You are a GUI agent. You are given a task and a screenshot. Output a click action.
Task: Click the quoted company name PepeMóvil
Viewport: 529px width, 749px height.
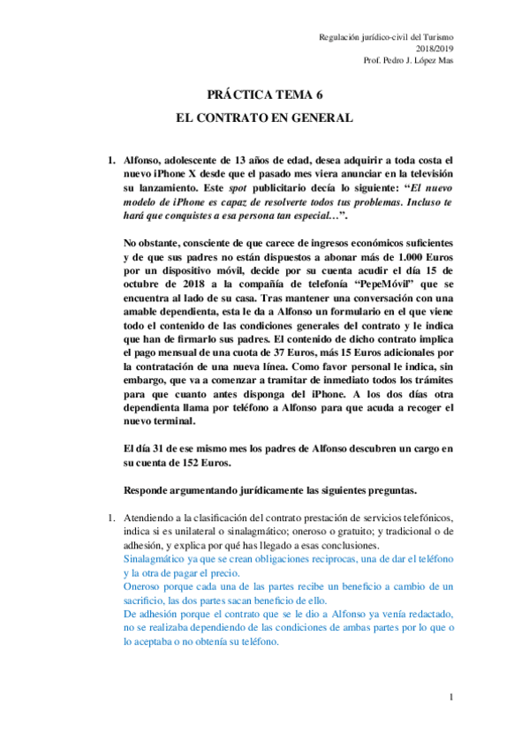pos(384,287)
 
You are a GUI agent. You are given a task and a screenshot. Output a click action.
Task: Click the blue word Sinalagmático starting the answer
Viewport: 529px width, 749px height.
pos(155,559)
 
